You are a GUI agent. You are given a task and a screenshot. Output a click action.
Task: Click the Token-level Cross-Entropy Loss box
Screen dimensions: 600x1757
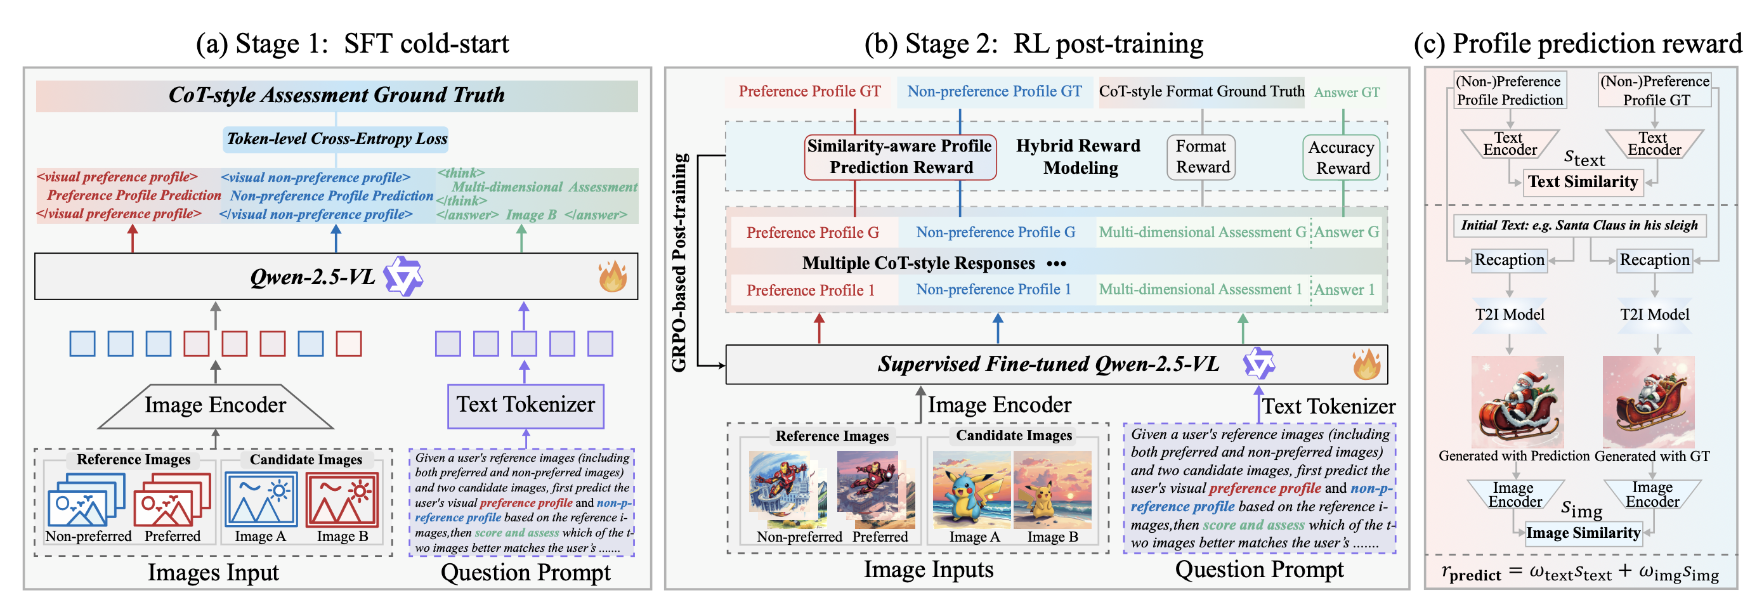coord(336,139)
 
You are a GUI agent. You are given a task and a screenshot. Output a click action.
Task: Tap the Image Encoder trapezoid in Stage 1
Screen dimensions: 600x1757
coord(216,406)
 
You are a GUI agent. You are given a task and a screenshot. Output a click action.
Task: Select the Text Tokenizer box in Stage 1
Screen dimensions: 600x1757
coord(525,406)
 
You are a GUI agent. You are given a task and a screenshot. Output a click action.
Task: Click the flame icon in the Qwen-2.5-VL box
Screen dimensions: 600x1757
coord(612,276)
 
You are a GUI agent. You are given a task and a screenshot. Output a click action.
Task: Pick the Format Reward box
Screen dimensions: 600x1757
coord(1201,157)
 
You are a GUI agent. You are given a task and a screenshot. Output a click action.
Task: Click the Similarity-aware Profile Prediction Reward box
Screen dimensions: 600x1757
coord(899,157)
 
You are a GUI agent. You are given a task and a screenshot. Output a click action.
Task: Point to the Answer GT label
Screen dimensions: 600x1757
coord(1347,93)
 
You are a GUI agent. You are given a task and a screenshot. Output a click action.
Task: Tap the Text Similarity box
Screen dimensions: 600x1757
coord(1583,182)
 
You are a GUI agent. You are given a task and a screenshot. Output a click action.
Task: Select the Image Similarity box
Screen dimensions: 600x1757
coord(1583,533)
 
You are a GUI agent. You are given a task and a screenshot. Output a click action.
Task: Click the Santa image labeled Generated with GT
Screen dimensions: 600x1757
coord(1648,401)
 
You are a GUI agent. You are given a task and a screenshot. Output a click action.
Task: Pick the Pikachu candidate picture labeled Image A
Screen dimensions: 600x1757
coord(971,490)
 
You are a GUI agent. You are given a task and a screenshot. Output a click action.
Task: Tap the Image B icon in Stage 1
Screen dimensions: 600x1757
coord(343,500)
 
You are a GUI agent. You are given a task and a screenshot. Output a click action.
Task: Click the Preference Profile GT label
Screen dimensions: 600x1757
coord(809,92)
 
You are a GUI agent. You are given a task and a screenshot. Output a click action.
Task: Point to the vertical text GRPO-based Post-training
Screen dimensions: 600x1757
coord(679,263)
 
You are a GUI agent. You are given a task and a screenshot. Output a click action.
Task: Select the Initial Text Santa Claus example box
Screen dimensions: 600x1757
coord(1578,226)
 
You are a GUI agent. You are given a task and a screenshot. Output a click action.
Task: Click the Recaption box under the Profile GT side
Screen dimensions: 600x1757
coord(1654,261)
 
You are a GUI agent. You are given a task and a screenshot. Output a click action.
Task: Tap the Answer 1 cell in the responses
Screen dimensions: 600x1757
coord(1343,290)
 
